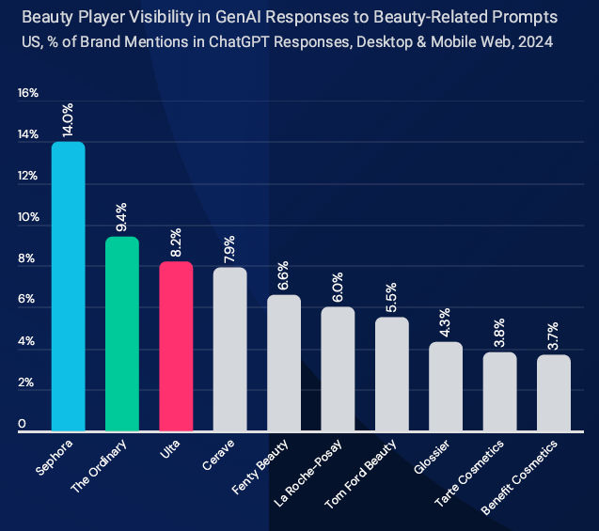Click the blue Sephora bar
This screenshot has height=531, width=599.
(68, 287)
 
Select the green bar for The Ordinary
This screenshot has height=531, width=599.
(122, 334)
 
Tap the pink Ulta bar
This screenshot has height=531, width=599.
(176, 346)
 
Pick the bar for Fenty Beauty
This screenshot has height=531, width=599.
(284, 363)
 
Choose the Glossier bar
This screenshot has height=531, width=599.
(446, 386)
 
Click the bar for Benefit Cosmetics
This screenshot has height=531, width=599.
(554, 392)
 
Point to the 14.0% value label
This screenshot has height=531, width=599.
(69, 122)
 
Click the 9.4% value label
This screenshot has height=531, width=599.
(122, 217)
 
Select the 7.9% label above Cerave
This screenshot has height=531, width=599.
(230, 248)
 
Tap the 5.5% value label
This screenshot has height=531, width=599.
(392, 298)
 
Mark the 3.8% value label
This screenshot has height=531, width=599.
(500, 333)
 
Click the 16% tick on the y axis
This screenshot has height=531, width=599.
(27, 93)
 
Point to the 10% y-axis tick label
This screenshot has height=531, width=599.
(27, 218)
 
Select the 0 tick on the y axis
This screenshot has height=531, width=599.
(22, 426)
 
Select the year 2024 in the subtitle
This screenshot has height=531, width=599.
(534, 41)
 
